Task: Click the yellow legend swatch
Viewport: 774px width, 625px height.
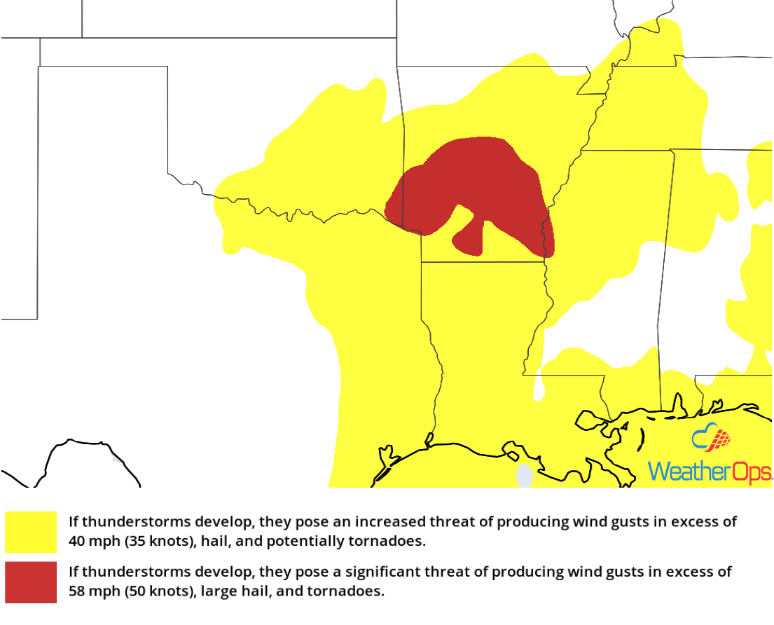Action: pos(31,532)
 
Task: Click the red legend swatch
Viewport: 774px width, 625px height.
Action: pos(31,582)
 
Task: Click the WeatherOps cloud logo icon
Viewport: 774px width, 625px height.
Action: pos(711,439)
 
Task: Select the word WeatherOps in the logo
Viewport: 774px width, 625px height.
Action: pos(709,472)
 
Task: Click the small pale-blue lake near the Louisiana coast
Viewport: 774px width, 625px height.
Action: pos(524,476)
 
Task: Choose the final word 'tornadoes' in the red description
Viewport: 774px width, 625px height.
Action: pos(354,591)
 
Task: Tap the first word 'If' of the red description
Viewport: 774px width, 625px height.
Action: pos(74,572)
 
